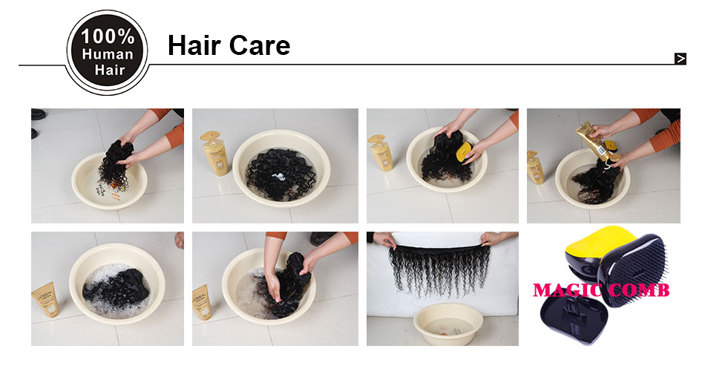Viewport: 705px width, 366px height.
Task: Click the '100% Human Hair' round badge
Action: click(x=107, y=53)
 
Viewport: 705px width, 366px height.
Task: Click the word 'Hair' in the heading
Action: click(x=194, y=45)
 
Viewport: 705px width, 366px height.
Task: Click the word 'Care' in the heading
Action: click(x=260, y=45)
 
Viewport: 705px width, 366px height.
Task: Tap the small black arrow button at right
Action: click(x=681, y=59)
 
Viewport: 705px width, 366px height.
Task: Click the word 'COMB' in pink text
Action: click(x=639, y=290)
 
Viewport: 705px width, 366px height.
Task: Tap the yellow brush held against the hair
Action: click(x=464, y=151)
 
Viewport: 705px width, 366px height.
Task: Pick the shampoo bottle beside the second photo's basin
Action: click(x=215, y=152)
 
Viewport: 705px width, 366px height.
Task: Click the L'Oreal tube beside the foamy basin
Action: click(x=45, y=299)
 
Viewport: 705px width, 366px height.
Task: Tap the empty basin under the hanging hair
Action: click(x=447, y=324)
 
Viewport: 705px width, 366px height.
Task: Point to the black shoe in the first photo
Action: click(x=38, y=114)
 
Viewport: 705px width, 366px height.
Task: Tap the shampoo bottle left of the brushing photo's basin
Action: click(x=380, y=152)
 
